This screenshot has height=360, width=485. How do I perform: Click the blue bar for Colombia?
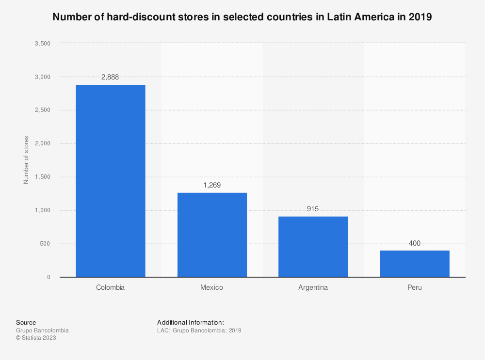point(110,181)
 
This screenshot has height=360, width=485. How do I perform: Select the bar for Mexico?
point(212,235)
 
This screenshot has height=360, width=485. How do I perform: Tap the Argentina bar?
point(313,247)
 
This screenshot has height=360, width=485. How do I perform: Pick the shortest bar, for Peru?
point(414,264)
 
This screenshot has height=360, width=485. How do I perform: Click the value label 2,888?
point(110,77)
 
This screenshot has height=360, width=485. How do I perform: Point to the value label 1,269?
point(212,185)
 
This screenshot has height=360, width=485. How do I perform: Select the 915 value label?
point(313,209)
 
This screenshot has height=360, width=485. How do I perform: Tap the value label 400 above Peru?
point(414,243)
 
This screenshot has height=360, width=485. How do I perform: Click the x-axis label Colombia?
point(110,287)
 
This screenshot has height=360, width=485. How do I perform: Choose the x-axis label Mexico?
point(212,287)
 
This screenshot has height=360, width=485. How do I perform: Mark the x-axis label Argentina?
point(313,287)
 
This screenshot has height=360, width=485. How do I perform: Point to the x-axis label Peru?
point(414,287)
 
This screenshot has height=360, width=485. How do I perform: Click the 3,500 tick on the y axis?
point(43,44)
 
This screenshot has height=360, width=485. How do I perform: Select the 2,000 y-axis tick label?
point(43,144)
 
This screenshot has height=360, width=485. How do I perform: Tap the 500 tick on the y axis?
point(45,244)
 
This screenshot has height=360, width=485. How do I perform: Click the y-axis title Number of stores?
point(26,160)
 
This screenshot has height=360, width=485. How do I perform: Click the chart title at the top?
point(242,17)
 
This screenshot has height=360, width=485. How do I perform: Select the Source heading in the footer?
point(26,322)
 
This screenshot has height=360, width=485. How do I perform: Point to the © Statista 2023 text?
point(36,338)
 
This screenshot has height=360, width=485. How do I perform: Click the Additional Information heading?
point(190,322)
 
